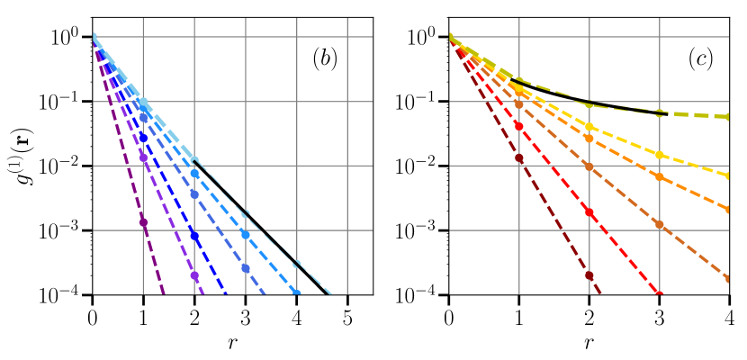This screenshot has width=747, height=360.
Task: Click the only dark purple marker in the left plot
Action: coord(143,221)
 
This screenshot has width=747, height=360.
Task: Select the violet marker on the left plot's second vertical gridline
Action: coord(194,276)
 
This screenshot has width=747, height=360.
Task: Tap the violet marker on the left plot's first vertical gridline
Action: coord(143,157)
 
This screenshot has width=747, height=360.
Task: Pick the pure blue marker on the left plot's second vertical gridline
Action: coord(194,236)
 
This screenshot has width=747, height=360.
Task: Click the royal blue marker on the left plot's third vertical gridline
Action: coord(246,268)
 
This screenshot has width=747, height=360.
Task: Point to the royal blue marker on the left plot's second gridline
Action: coord(194,194)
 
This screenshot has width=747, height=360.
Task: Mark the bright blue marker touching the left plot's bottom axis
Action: coord(297,293)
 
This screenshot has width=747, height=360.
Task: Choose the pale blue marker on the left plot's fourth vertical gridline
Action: coord(297,265)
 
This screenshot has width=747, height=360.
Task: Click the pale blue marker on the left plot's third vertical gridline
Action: coord(246,214)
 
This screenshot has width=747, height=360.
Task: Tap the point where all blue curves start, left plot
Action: coord(93,37)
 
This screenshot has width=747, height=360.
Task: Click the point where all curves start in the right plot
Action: coord(449,37)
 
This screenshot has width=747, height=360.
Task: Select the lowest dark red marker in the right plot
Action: coord(589,275)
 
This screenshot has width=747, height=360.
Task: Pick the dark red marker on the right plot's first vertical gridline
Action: coord(519,158)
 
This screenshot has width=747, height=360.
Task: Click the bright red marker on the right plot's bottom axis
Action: coord(660,293)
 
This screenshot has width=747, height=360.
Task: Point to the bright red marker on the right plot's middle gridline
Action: coord(589,212)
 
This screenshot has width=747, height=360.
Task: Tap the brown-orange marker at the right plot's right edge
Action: coord(728,279)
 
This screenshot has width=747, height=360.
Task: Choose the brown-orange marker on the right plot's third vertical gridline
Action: coord(660,224)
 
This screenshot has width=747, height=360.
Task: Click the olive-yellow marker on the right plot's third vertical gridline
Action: coord(660,113)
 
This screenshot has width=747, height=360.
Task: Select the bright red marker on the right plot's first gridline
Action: coord(519,126)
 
